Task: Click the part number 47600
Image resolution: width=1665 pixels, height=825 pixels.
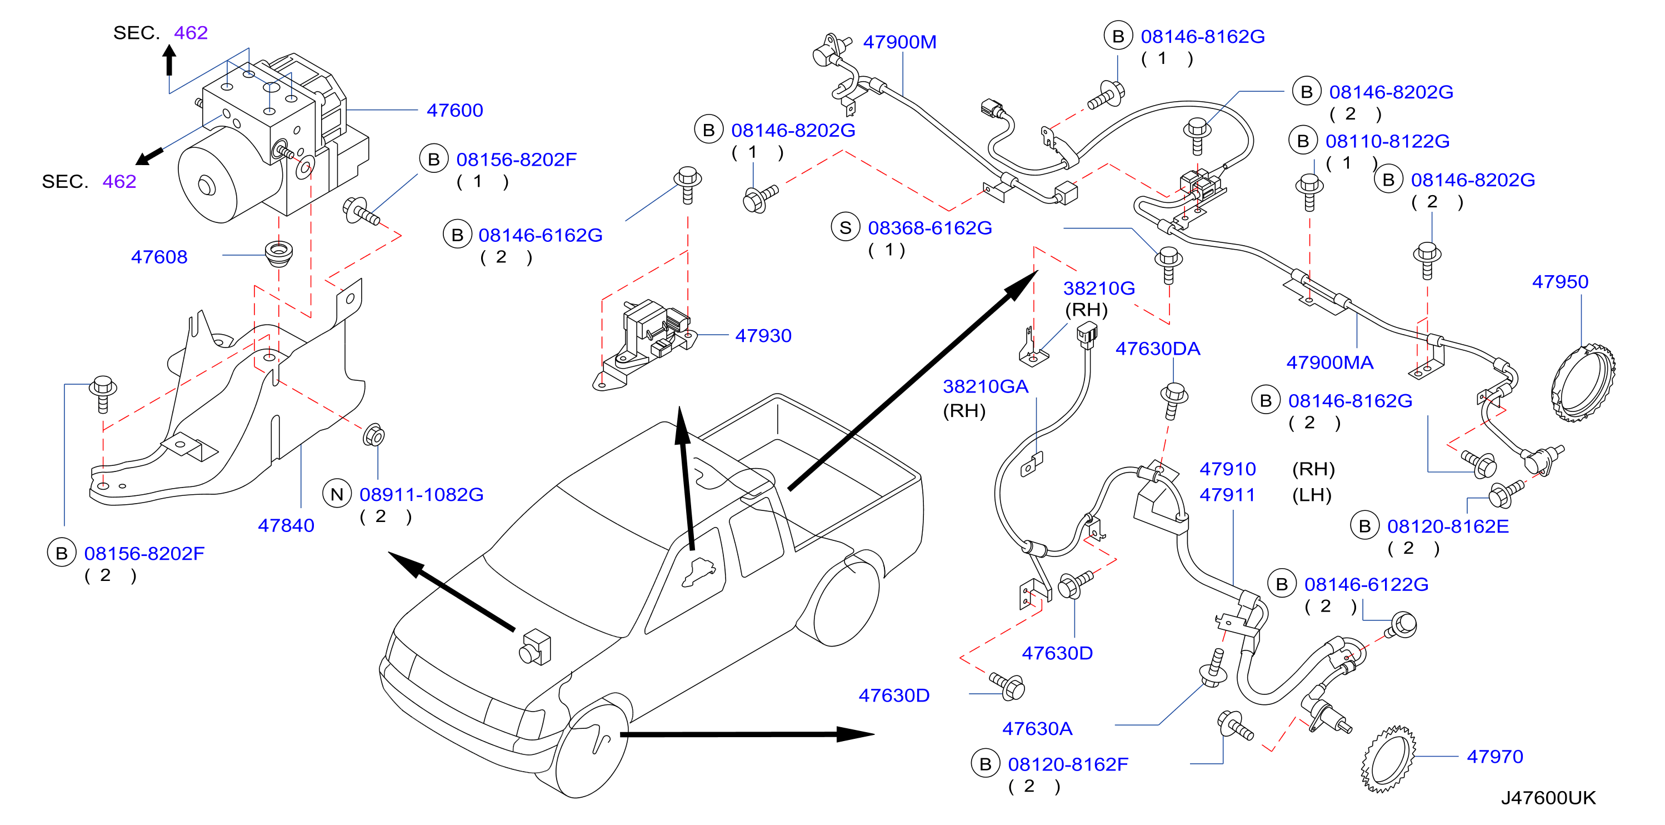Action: coord(454,111)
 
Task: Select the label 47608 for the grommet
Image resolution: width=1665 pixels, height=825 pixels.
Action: coord(159,257)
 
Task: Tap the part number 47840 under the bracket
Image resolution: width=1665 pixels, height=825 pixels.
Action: coord(286,526)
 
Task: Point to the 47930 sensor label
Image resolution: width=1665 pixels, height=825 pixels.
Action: coord(763,336)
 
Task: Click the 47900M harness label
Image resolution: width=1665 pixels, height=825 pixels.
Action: coord(899,42)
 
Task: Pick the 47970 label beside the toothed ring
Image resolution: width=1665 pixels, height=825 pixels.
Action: coord(1494,757)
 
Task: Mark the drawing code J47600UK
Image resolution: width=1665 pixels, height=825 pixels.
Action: coord(1548,798)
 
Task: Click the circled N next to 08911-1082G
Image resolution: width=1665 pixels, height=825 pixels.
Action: coord(337,495)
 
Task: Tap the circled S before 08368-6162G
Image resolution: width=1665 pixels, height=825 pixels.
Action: coord(846,227)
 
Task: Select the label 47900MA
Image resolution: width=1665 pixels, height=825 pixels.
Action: coord(1329,362)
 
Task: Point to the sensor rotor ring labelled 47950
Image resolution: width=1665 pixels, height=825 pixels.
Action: coord(1583,384)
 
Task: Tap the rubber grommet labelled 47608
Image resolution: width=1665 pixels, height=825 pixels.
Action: coord(278,252)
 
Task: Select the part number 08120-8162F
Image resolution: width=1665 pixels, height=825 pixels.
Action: coord(1068,765)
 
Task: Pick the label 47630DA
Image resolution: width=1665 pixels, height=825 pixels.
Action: coord(1158,349)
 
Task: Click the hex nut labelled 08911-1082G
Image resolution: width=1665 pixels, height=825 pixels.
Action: coord(373,435)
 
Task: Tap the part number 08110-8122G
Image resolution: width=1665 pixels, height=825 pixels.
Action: coord(1387,141)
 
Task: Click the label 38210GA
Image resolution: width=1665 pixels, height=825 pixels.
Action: coord(985,386)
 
